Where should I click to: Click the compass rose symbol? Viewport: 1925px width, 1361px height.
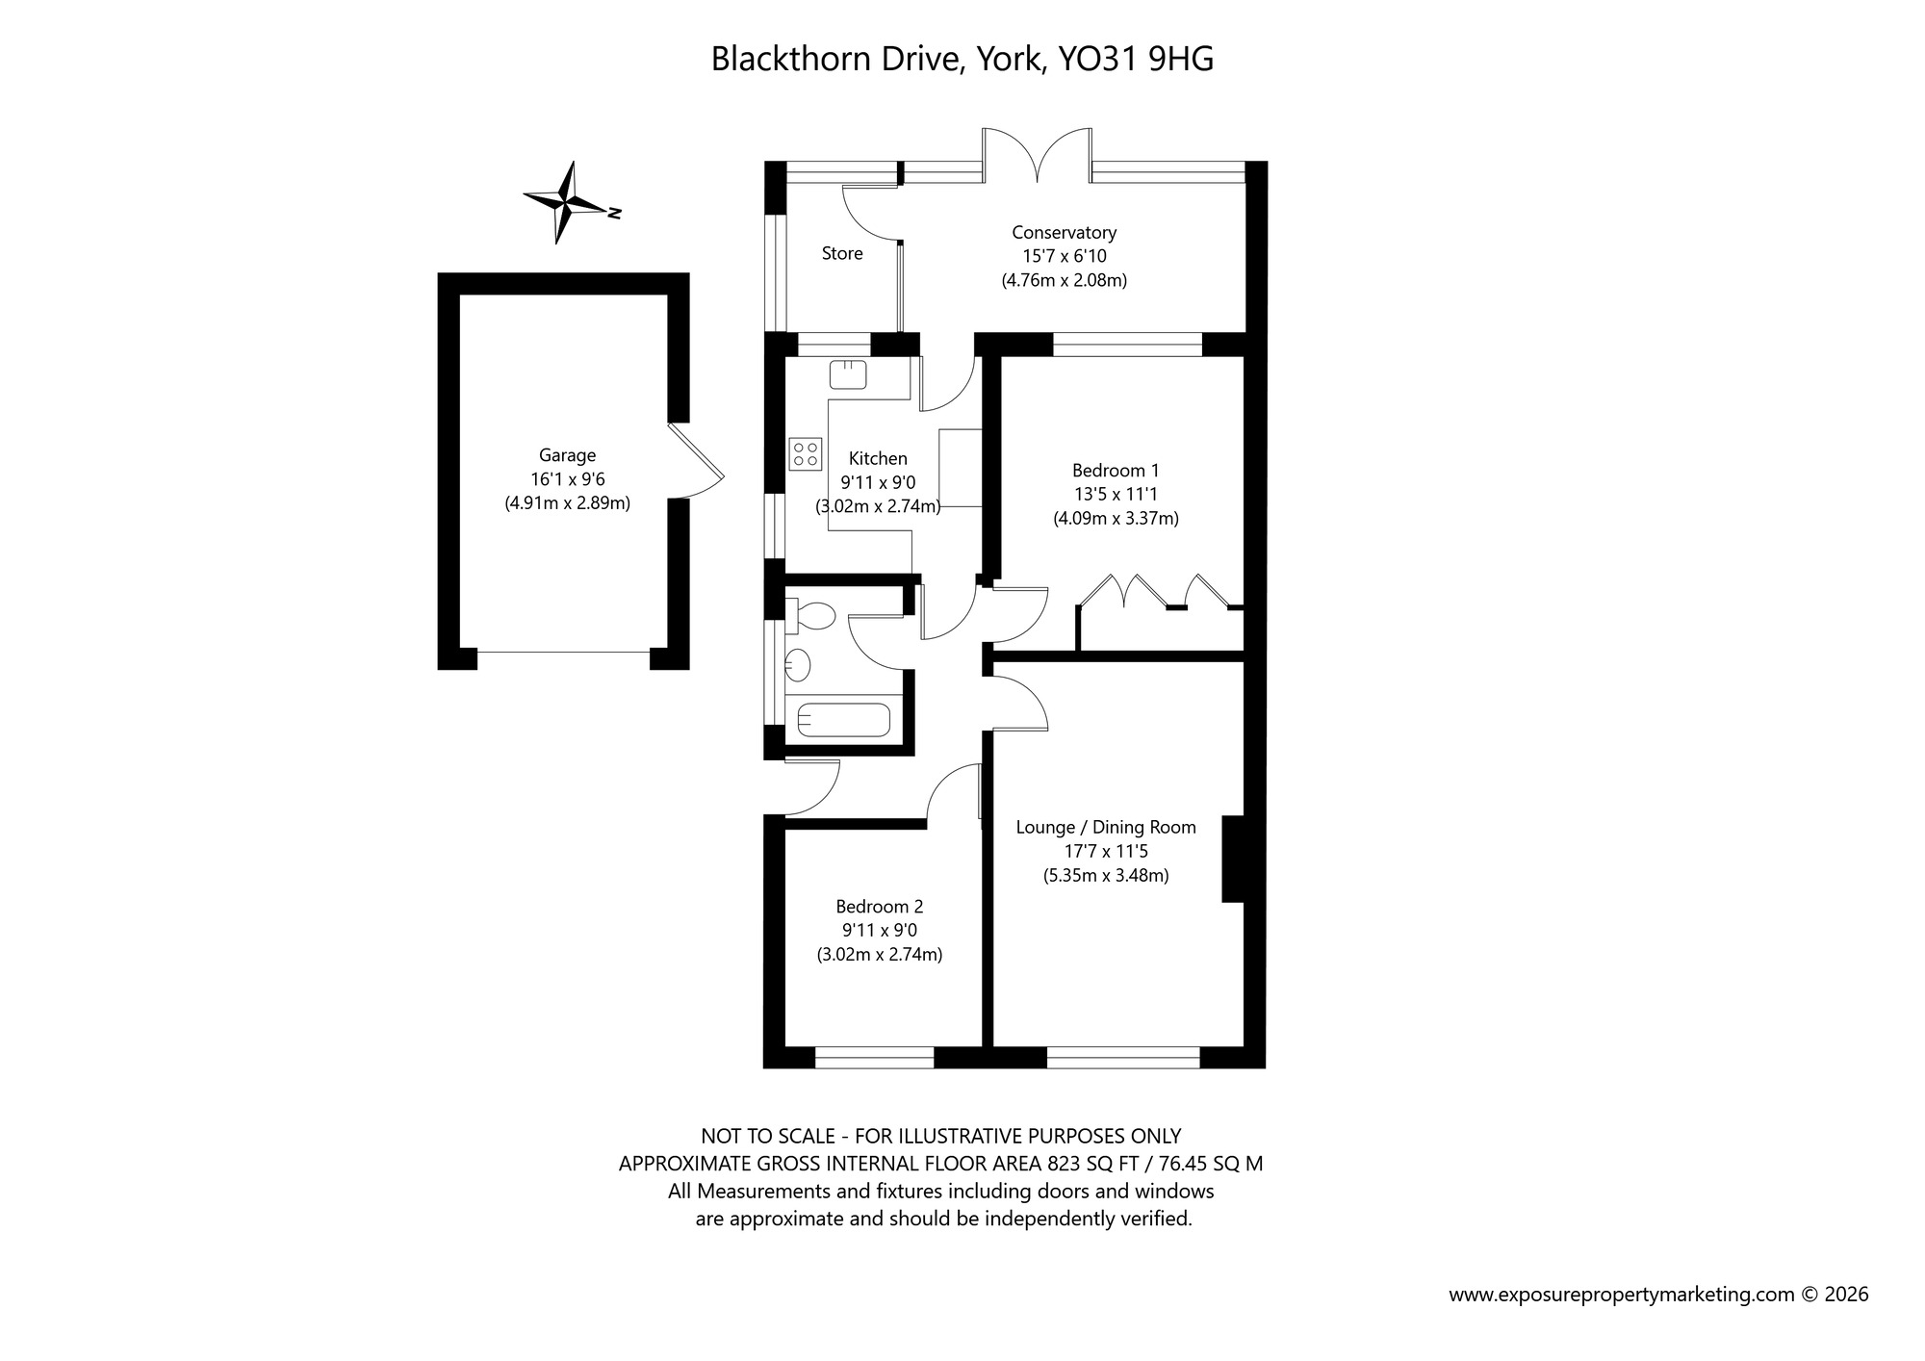tap(566, 202)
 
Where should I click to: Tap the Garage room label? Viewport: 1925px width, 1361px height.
tap(567, 455)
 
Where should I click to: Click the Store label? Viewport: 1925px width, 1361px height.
tap(842, 253)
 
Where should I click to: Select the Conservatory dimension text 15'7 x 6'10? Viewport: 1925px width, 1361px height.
tap(1064, 256)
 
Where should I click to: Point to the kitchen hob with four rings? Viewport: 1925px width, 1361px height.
tap(806, 453)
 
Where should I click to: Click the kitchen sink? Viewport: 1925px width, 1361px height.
tap(848, 374)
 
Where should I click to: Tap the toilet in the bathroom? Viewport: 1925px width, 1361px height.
tap(810, 616)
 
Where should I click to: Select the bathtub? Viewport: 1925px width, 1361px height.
tap(844, 720)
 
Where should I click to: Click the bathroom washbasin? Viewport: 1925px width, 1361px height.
tap(798, 664)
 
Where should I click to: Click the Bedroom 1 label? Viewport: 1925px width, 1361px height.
tap(1116, 471)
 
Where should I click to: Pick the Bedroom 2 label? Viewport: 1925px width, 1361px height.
tap(879, 906)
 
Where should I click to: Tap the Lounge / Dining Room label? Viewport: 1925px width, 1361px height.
tap(1106, 827)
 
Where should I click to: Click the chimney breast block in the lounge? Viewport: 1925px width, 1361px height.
tap(1233, 859)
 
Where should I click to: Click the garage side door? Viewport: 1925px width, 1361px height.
tap(697, 460)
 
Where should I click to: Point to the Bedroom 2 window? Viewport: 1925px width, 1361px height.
tap(874, 1058)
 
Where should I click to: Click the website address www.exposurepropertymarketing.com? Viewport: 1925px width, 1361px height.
tap(1622, 1295)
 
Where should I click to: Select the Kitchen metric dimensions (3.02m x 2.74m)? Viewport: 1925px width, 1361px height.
tap(878, 506)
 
